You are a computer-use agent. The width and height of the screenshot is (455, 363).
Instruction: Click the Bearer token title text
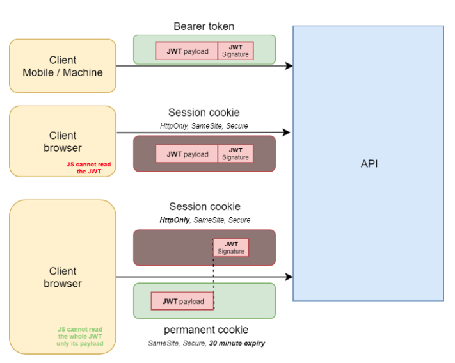pos(204,26)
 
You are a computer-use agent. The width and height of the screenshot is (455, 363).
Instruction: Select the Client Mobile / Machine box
pos(63,66)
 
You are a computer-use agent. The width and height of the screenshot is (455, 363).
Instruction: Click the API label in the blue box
pos(369,164)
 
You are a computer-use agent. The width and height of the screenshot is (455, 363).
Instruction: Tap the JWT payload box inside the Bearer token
pos(187,51)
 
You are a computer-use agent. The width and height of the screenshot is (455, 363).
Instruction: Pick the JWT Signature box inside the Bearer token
pos(235,51)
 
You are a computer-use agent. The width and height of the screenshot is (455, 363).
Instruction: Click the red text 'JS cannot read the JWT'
pos(88,168)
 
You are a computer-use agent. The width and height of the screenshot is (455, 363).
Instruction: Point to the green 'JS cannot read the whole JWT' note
pos(79,336)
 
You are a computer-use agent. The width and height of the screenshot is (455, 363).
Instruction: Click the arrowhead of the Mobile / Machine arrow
pos(289,66)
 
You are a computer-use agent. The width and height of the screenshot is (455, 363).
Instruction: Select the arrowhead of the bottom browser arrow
pos(289,277)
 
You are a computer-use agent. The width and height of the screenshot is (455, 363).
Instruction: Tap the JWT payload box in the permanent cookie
pos(182,301)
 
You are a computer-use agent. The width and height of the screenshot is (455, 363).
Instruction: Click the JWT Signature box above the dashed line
pos(231,248)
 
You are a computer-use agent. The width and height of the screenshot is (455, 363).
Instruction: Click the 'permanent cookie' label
pos(206,330)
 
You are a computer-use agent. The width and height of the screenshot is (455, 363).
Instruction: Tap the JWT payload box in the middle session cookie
pos(187,154)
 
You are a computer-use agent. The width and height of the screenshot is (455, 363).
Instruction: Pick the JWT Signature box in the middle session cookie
pos(235,154)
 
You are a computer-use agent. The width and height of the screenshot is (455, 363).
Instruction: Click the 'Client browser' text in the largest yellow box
pos(63,277)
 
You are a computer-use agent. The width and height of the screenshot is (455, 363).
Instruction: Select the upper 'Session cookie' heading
pos(204,113)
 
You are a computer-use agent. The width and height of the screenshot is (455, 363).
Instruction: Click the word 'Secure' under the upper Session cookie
pos(237,126)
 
